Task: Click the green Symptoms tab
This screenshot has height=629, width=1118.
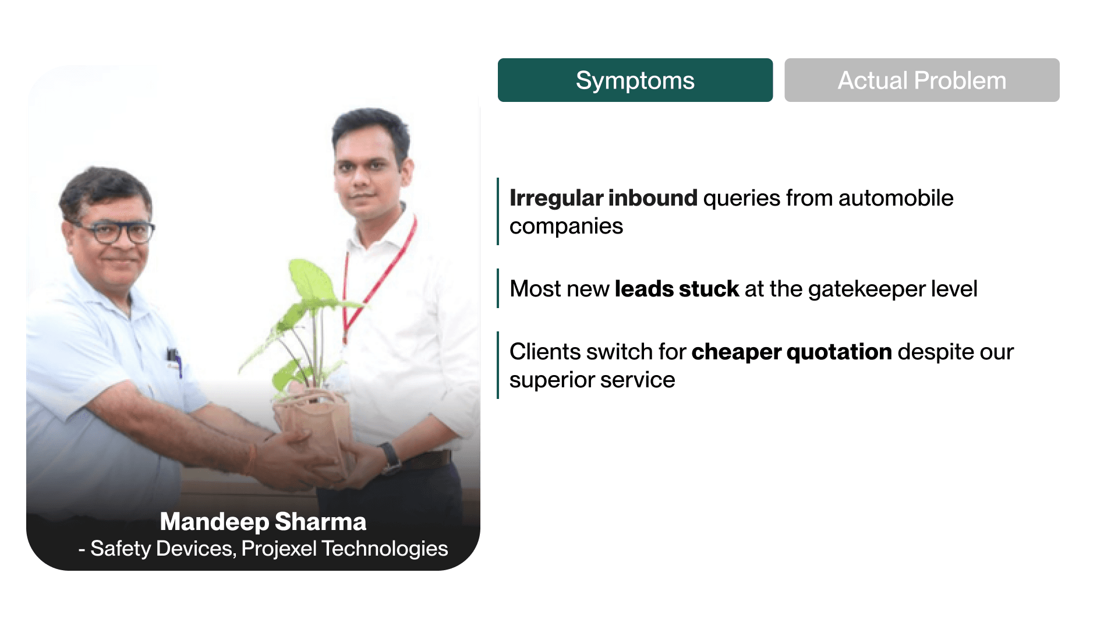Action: pyautogui.click(x=635, y=80)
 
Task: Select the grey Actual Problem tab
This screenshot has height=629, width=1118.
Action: pyautogui.click(x=922, y=80)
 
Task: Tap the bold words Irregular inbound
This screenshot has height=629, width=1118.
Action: pyautogui.click(x=603, y=198)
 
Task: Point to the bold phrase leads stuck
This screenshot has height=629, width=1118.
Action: pyautogui.click(x=677, y=289)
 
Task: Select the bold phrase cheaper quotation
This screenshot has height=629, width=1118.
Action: pyautogui.click(x=791, y=352)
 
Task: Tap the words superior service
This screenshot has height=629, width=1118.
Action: pyautogui.click(x=592, y=380)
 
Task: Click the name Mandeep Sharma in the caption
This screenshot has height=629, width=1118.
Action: pyautogui.click(x=263, y=522)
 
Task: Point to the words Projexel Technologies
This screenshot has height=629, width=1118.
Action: pyautogui.click(x=345, y=549)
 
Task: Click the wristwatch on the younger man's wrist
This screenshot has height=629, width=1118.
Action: pyautogui.click(x=390, y=457)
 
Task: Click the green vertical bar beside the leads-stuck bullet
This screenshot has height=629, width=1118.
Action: pyautogui.click(x=498, y=288)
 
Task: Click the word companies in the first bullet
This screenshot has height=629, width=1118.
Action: pyautogui.click(x=566, y=227)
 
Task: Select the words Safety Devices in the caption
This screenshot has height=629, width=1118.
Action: pyautogui.click(x=162, y=549)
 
